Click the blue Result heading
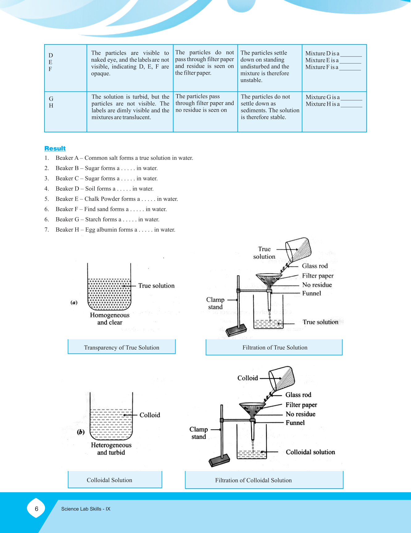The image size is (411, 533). (55, 148)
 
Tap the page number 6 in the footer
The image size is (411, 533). (36, 509)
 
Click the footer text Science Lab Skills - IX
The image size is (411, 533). (85, 509)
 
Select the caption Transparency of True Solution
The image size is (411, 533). (122, 348)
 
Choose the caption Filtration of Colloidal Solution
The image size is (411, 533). (253, 480)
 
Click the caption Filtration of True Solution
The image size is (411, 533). (275, 348)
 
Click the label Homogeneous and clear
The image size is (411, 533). (110, 319)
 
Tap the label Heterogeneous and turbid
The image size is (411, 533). (111, 449)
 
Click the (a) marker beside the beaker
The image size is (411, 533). (74, 303)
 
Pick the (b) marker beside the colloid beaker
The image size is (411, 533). (81, 432)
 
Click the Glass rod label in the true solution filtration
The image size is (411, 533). (315, 266)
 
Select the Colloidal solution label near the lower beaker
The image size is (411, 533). (310, 452)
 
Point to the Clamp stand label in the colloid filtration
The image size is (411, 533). (198, 433)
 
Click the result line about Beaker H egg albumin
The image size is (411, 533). (115, 230)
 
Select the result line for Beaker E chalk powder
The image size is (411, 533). (117, 199)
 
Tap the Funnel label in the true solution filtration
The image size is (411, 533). (312, 293)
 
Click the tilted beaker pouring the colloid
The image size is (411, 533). (282, 379)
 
